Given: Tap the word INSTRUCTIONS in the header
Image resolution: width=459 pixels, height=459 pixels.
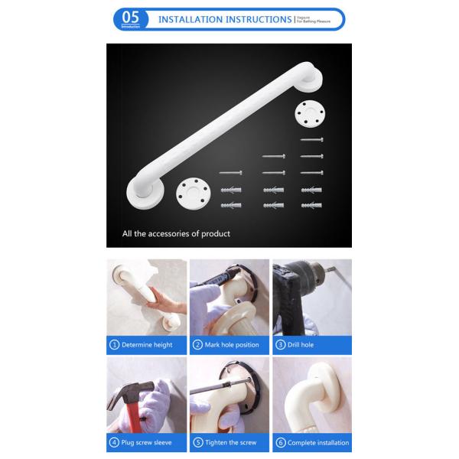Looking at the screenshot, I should [254, 18].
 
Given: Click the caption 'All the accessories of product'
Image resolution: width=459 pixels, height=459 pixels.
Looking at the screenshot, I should [176, 233].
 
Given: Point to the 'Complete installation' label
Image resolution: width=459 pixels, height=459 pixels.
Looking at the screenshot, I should [317, 443].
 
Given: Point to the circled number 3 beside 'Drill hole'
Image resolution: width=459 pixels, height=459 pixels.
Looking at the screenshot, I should [279, 345].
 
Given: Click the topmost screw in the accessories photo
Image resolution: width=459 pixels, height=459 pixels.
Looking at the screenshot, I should [312, 140].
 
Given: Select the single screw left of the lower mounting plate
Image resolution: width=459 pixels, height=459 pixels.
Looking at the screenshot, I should [230, 173].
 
